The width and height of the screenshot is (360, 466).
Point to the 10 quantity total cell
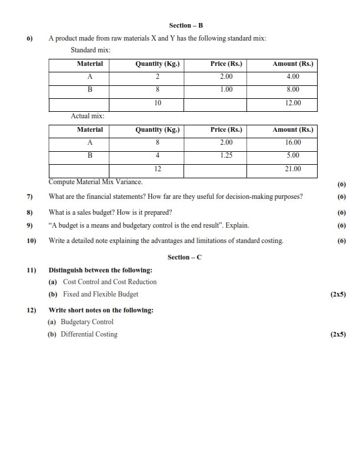[157, 103]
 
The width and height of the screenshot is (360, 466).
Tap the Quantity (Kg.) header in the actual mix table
[157, 129]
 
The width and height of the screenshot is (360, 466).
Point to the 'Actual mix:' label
[87, 116]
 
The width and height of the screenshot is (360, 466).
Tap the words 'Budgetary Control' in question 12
[87, 322]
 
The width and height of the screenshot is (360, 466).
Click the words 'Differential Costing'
[89, 334]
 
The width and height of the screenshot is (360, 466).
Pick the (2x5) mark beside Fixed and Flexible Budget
[338, 294]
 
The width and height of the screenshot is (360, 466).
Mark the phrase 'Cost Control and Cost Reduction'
[109, 282]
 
